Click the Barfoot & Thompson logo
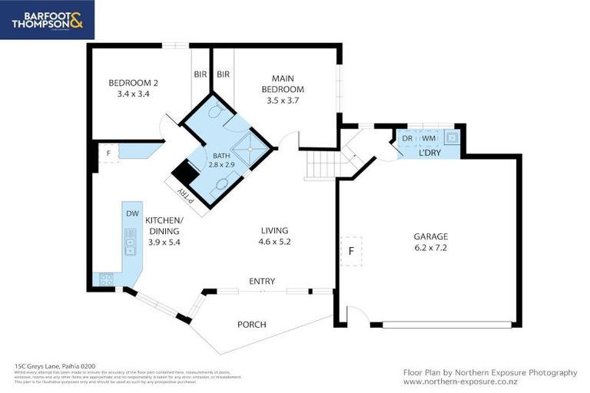click(47, 19)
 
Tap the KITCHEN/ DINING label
click(162, 225)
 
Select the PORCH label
click(251, 325)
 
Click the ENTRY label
click(261, 282)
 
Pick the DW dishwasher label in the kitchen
click(132, 213)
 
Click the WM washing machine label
click(429, 138)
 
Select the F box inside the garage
click(351, 250)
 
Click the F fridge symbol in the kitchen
click(109, 153)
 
